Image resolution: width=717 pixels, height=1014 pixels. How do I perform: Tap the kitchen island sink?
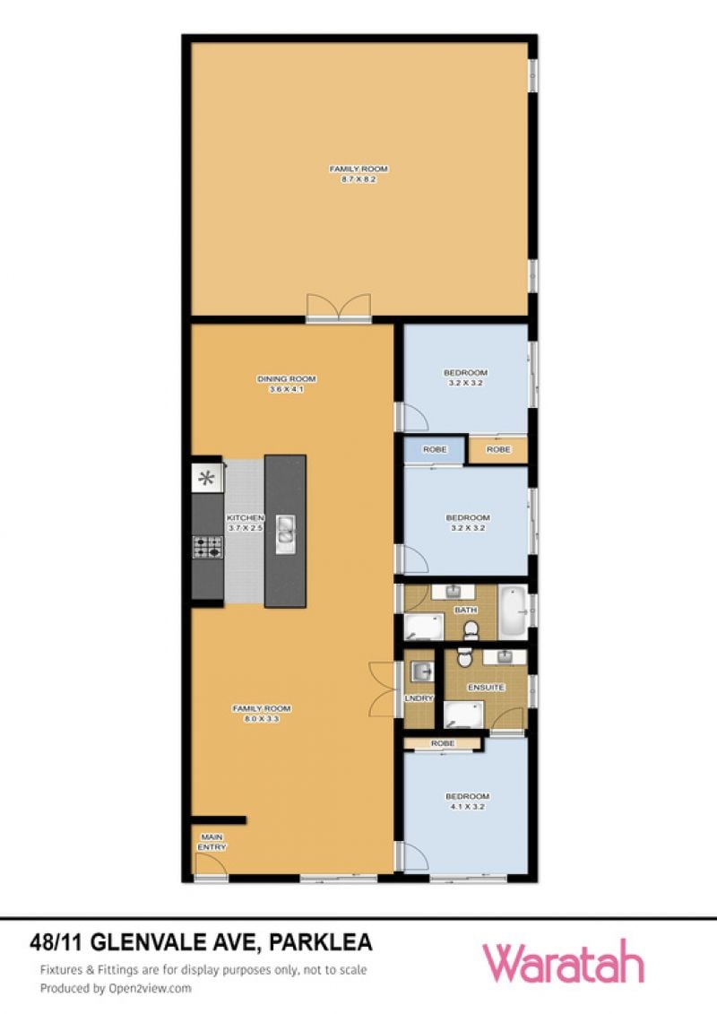286,534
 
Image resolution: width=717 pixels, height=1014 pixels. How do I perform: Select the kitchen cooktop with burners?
208,547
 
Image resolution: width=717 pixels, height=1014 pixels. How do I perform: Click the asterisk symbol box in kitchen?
207,479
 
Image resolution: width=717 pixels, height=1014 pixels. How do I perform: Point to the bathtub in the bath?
514,610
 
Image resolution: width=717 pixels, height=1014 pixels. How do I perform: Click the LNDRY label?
419,698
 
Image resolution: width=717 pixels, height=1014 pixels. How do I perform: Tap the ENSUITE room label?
486,688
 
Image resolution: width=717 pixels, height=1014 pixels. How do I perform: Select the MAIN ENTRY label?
212,842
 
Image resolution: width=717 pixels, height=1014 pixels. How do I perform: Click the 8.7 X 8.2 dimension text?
358,179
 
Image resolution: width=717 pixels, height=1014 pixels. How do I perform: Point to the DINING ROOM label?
287,379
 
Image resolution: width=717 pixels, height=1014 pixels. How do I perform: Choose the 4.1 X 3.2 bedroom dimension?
468,806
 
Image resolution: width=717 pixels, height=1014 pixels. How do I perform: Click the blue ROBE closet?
435,449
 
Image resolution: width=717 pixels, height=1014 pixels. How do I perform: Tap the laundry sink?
422,672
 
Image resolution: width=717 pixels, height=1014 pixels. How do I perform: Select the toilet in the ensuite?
463,658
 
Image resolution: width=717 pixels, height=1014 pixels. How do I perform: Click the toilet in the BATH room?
471,628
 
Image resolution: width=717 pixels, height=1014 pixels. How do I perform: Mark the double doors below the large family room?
339,308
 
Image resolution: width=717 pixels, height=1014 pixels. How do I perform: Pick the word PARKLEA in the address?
321,941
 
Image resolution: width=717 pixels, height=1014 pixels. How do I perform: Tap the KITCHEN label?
245,518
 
